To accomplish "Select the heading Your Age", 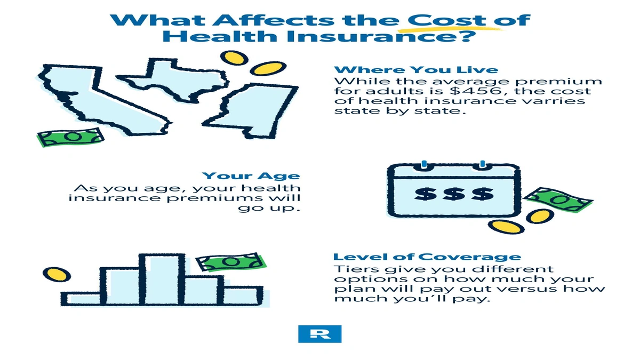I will pos(251,176).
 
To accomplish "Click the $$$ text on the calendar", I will pos(454,194).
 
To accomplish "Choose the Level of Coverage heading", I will pos(427,257).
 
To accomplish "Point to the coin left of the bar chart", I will pos(57,275).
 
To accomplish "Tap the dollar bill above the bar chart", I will pos(231,262).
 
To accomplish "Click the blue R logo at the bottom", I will pos(319,333).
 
